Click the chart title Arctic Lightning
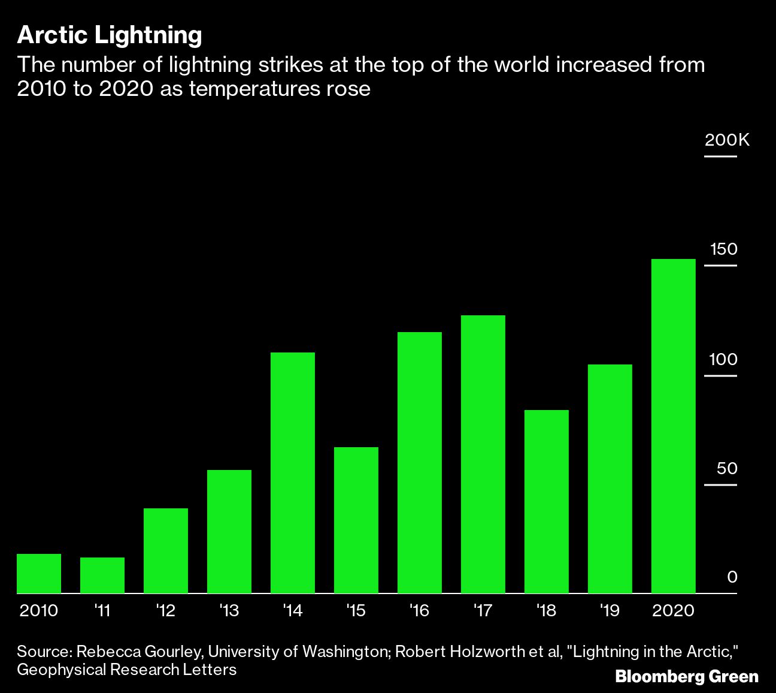(109, 35)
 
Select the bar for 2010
(39, 574)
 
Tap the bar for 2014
(293, 473)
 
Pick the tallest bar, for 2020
(673, 426)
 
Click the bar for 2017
(483, 454)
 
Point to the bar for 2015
(356, 520)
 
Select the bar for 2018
(547, 502)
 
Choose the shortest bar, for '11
(102, 576)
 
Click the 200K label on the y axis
(727, 140)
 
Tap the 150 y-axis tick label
(723, 249)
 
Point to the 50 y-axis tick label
(727, 469)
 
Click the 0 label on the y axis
(732, 577)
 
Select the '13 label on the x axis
(229, 611)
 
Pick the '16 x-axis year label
(419, 611)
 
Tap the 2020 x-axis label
(673, 611)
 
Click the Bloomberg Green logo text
(687, 677)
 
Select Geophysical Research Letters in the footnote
(126, 670)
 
